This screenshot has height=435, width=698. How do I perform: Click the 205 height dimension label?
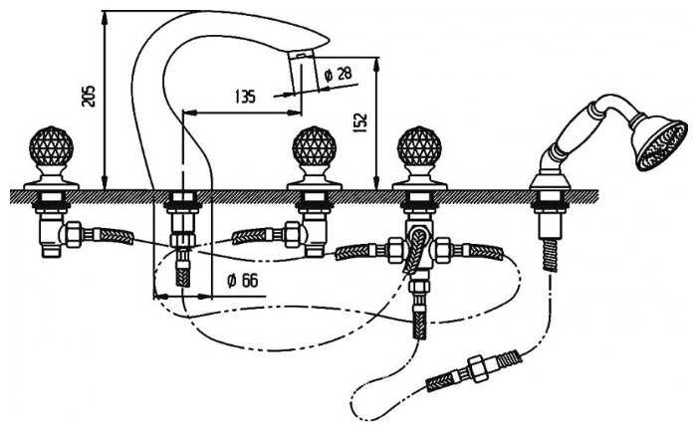(x=90, y=96)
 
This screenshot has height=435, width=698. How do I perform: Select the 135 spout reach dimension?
(x=245, y=96)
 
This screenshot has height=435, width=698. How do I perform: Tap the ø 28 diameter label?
(x=339, y=74)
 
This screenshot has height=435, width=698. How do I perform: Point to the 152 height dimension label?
(x=360, y=122)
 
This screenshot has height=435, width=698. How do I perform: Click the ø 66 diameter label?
(x=242, y=280)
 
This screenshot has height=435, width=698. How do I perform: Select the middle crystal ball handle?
(x=314, y=144)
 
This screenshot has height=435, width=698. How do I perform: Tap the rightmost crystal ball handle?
(x=419, y=144)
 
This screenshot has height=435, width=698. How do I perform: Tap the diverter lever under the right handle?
(x=415, y=249)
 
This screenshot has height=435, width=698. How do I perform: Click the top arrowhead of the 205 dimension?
(x=105, y=18)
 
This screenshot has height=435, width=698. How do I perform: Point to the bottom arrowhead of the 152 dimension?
(x=376, y=182)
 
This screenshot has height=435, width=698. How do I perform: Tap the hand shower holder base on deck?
(x=551, y=181)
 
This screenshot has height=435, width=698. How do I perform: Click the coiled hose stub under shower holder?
(x=551, y=255)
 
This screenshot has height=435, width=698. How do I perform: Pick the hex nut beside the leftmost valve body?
(x=73, y=235)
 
